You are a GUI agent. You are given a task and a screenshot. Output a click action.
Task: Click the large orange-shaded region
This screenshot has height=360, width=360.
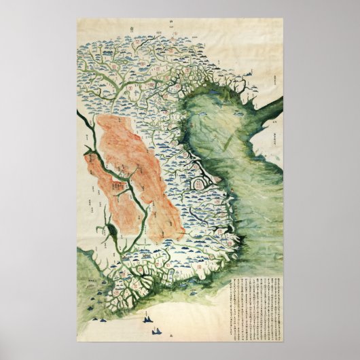(x=139, y=177)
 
